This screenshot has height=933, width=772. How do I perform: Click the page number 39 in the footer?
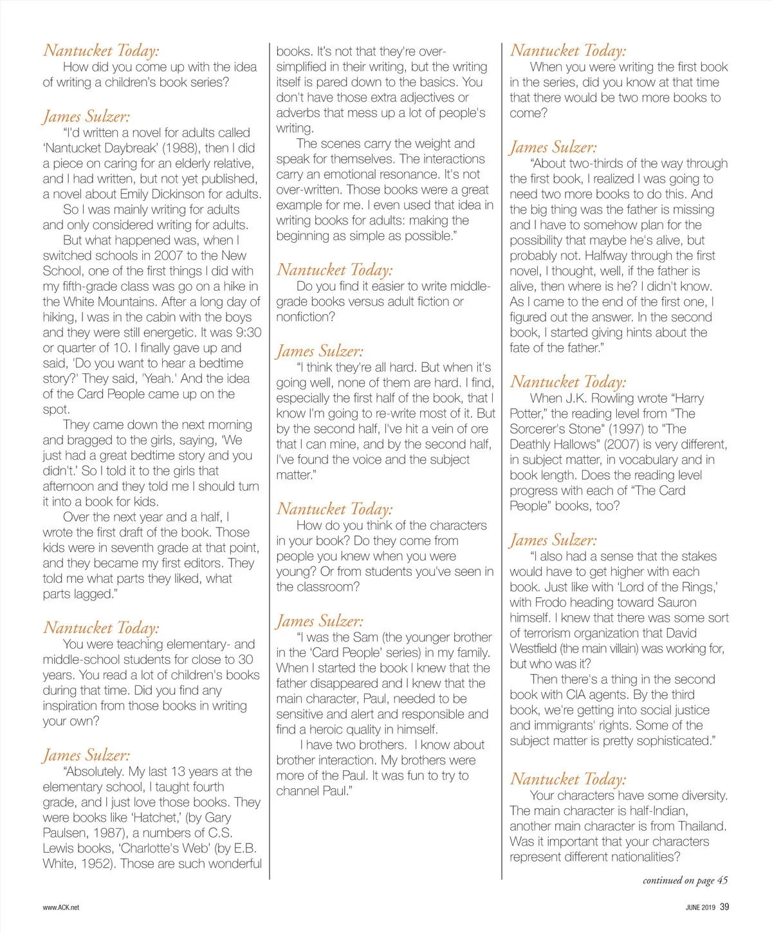tap(724, 907)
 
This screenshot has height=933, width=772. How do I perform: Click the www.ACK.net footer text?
tap(61, 907)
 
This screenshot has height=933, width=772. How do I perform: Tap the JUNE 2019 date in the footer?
tap(700, 907)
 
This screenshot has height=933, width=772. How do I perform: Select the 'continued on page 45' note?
tap(685, 880)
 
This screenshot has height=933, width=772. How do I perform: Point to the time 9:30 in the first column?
tap(247, 332)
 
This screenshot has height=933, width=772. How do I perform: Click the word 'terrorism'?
tap(553, 633)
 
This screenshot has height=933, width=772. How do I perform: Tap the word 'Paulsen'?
tap(67, 833)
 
